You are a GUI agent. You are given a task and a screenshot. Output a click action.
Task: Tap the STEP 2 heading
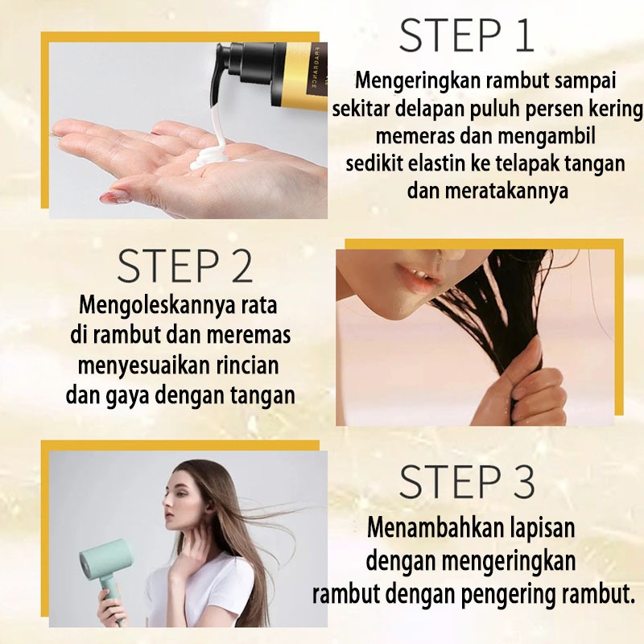point(185,266)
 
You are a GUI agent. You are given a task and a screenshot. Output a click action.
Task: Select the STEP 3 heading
point(467,481)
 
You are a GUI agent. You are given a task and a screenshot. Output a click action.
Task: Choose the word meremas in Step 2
point(249,336)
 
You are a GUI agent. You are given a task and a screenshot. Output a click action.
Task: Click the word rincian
point(246,365)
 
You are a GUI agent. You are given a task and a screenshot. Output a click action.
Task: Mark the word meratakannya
point(488,191)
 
